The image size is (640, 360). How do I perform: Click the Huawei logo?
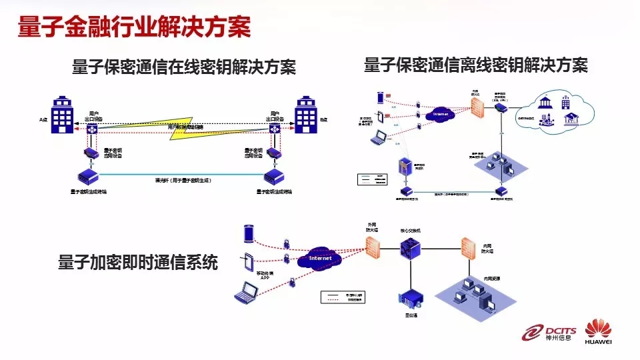pyautogui.click(x=598, y=333)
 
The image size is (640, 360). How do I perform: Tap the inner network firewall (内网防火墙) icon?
pyautogui.click(x=468, y=248)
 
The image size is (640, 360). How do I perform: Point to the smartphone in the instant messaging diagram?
pyautogui.click(x=249, y=234)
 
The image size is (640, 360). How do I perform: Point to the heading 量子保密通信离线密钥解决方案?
pyautogui.click(x=475, y=65)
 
